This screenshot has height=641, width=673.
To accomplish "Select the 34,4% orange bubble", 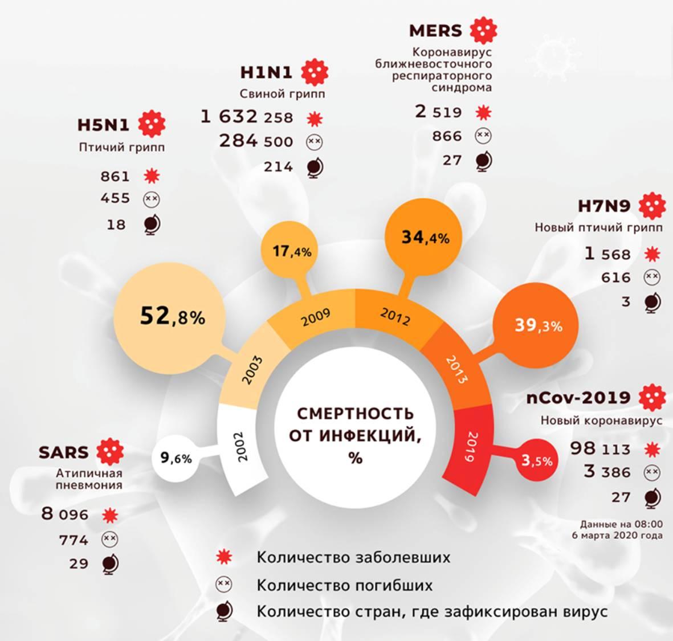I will pyautogui.click(x=425, y=236).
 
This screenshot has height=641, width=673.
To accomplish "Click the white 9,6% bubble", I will pyautogui.click(x=176, y=458).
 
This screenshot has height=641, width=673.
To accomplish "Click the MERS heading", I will pyautogui.click(x=435, y=30).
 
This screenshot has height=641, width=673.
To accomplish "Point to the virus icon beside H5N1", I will pyautogui.click(x=152, y=124).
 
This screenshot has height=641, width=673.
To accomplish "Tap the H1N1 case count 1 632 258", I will pyautogui.click(x=246, y=117).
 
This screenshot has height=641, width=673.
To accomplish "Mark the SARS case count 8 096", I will pyautogui.click(x=65, y=515).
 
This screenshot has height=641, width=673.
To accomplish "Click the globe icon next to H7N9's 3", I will pyautogui.click(x=652, y=302).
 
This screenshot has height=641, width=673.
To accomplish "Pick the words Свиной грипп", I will pyautogui.click(x=283, y=93).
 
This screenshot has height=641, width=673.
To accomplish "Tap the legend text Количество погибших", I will pyautogui.click(x=344, y=585).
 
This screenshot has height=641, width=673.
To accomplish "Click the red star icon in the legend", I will pyautogui.click(x=224, y=557).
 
